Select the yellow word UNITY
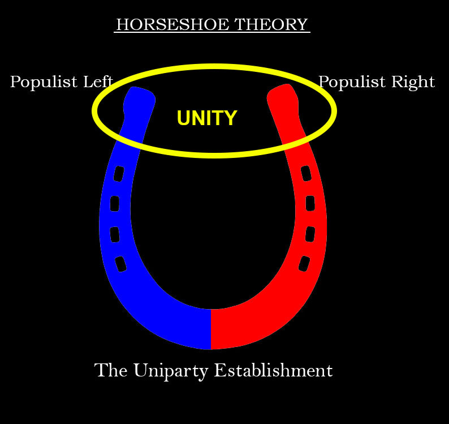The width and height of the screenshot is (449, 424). (206, 118)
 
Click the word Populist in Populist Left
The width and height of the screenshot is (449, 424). (45, 83)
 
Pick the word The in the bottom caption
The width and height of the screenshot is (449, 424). (111, 371)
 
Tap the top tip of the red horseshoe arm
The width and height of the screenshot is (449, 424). (283, 91)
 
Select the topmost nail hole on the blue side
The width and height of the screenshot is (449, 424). (119, 173)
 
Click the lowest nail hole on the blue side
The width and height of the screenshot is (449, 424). (120, 264)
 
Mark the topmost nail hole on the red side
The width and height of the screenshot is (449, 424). (305, 173)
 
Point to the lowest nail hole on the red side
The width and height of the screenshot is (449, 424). (304, 264)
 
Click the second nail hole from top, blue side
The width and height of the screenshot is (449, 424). (115, 203)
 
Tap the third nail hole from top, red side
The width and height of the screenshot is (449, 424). (310, 234)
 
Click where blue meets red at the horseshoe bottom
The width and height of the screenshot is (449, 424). (211, 329)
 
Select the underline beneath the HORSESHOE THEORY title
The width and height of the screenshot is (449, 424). (212, 33)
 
